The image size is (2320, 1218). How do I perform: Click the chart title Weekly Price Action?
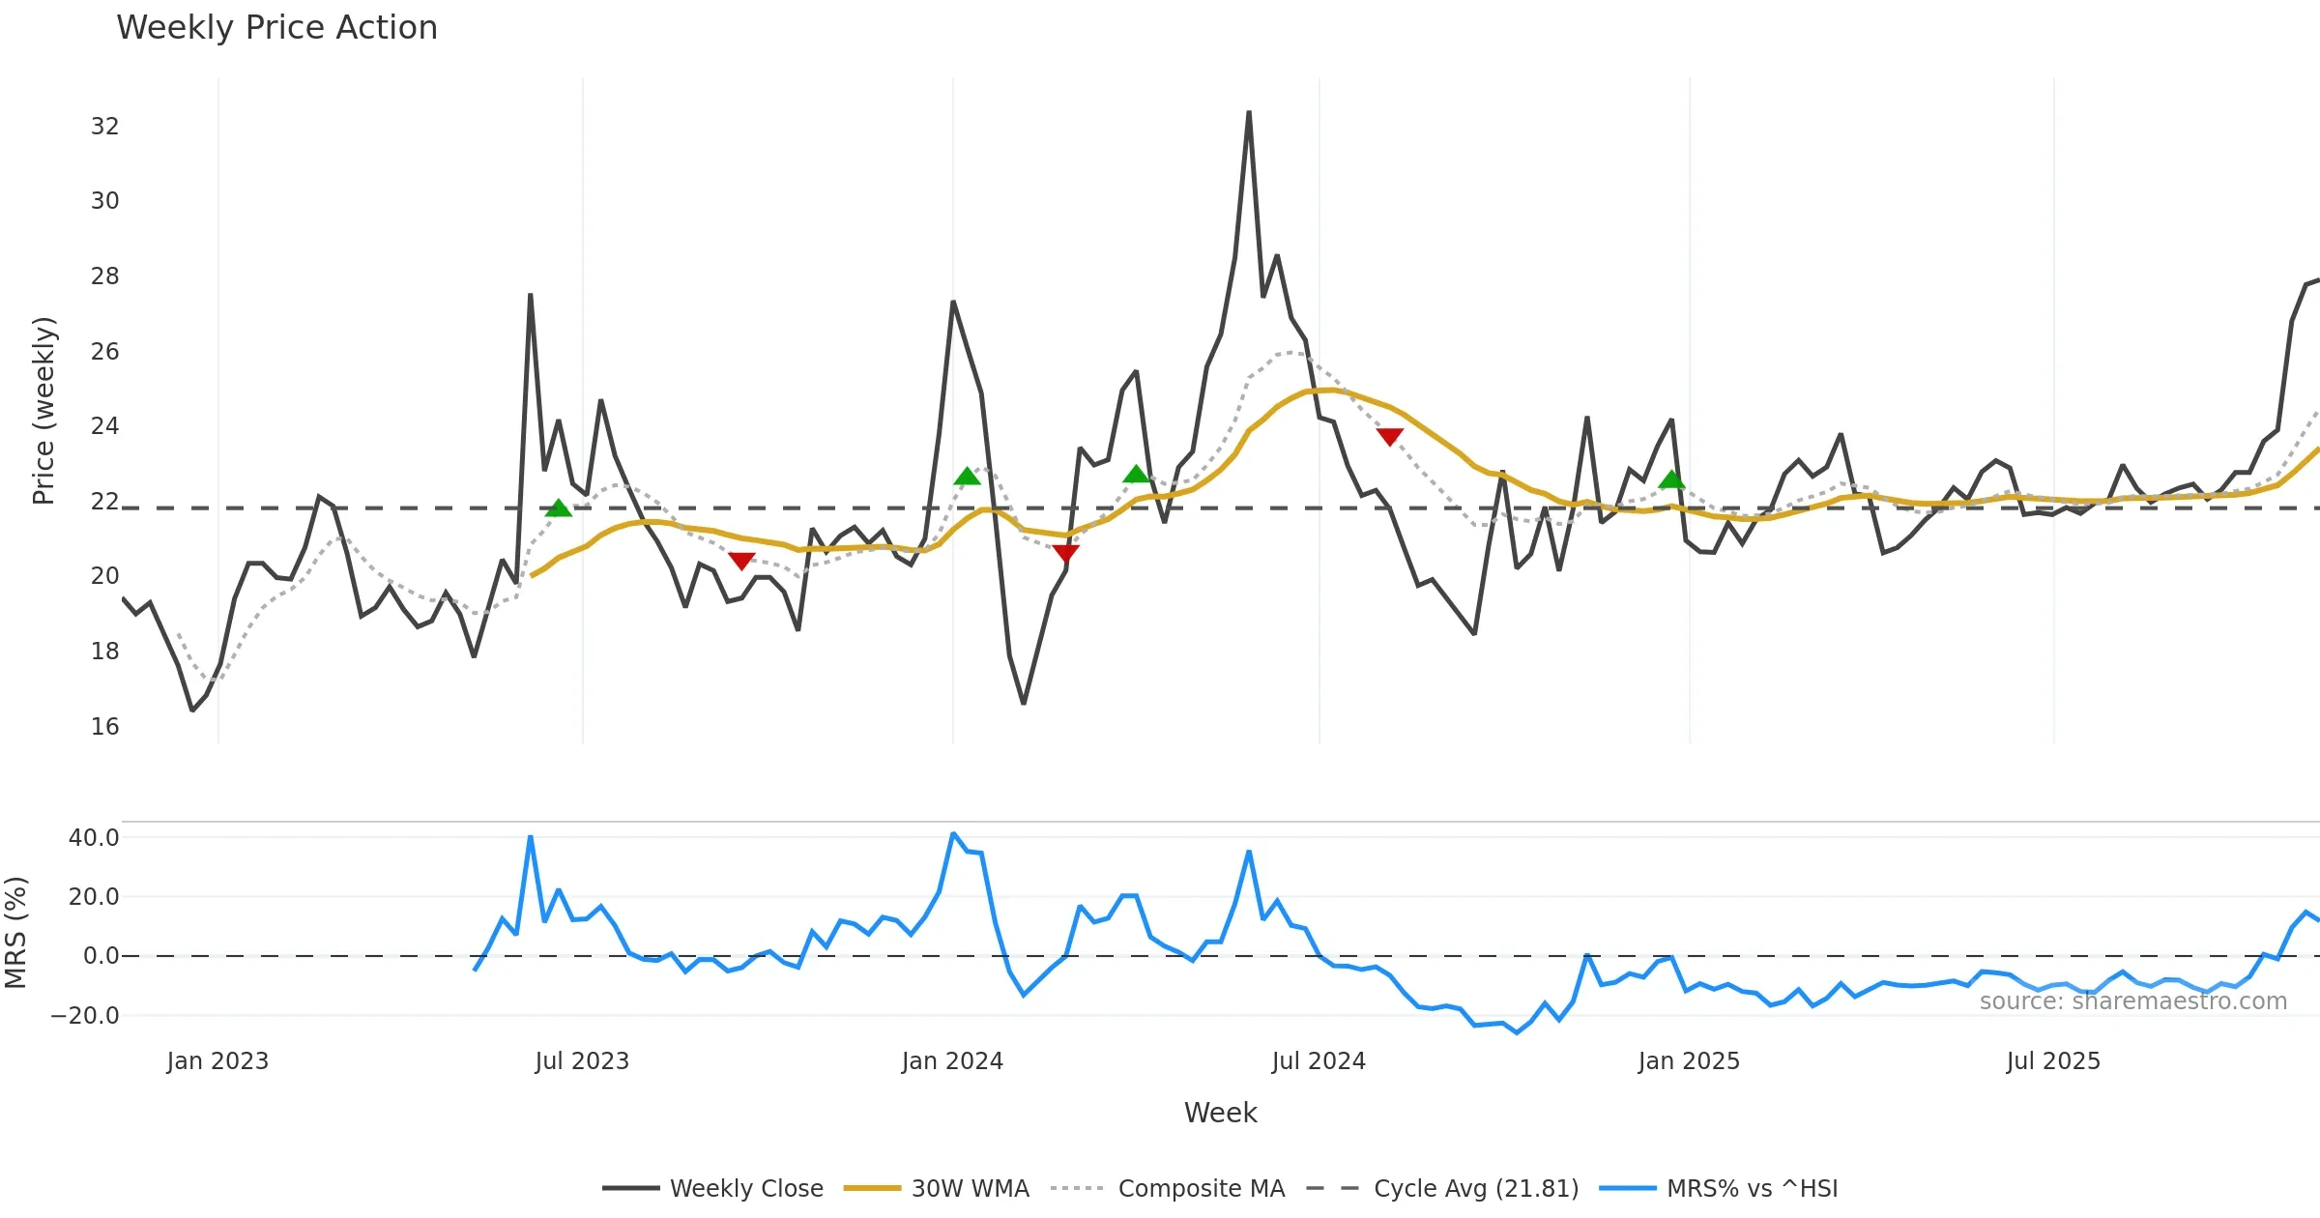tap(276, 28)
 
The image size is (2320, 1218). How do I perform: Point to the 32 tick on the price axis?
tap(104, 127)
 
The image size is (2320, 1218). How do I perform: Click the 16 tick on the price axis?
tap(104, 727)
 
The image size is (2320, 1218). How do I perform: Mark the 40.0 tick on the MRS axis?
tap(94, 838)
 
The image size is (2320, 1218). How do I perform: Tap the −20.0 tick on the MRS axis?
tap(85, 1016)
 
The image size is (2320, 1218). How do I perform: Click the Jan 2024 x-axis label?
tap(952, 1061)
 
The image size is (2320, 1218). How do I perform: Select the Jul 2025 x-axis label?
tap(2053, 1061)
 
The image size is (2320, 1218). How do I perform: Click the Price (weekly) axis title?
tap(43, 411)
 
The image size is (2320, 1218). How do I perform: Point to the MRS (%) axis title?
tap(16, 933)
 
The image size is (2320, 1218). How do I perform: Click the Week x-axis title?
tap(1220, 1113)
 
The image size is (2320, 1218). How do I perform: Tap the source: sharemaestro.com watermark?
tap(2132, 1001)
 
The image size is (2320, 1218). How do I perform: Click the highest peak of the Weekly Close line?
tap(1249, 112)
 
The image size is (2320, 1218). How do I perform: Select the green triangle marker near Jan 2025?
tap(1671, 479)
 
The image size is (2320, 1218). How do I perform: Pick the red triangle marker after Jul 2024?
tap(1390, 437)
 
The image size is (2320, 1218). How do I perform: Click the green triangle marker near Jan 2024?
tap(967, 476)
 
